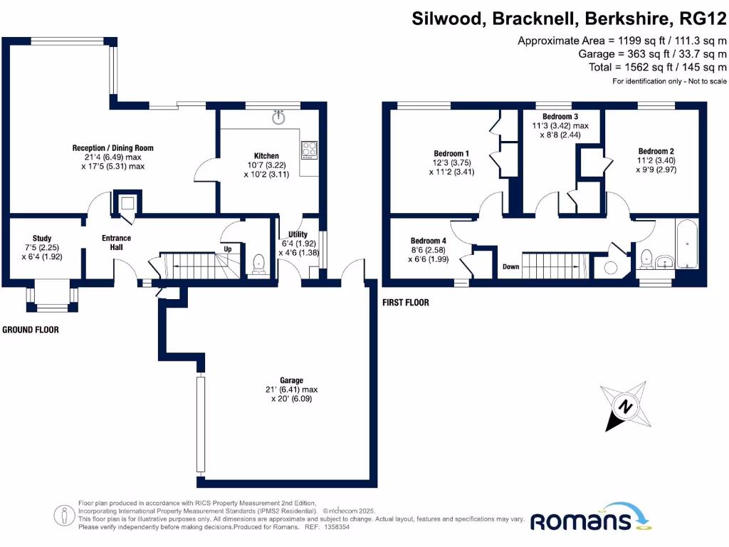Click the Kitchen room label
266,156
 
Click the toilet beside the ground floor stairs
258,264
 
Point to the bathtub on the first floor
688,244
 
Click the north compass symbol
624,407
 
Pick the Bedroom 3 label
560,117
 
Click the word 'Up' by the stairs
228,249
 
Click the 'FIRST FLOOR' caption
406,303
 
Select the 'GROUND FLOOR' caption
30,330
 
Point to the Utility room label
298,234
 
